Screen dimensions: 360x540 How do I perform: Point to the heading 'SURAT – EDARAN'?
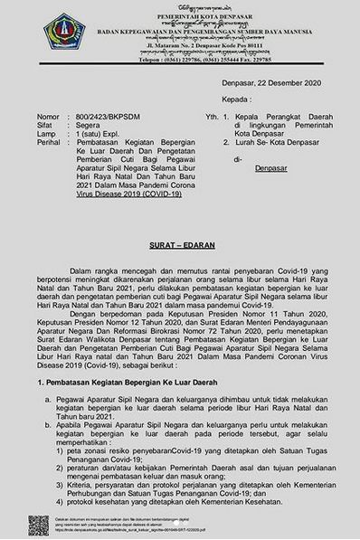click(x=179, y=243)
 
